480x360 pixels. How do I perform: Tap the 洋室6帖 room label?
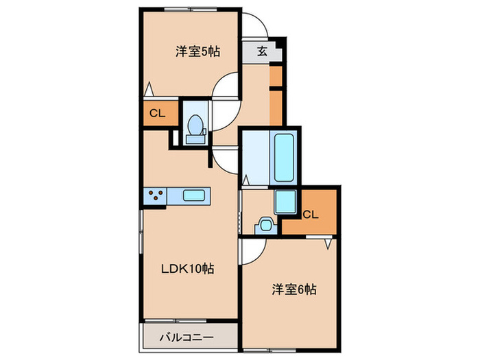293,289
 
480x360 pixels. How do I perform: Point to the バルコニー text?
187,338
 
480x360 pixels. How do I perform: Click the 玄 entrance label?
263,51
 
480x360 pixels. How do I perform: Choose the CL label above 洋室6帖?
310,215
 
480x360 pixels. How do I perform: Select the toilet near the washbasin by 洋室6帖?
265,224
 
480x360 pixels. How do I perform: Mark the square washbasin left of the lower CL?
284,202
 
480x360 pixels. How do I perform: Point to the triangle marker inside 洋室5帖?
149,89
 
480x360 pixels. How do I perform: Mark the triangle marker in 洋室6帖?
329,243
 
